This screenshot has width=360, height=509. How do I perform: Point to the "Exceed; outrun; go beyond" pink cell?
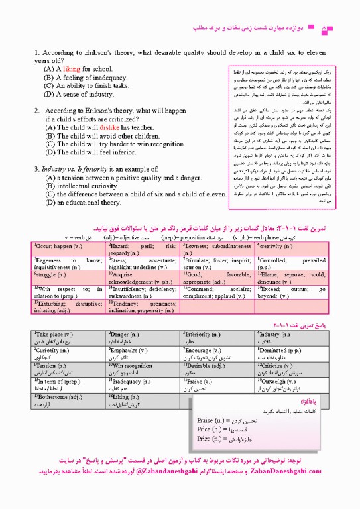coord(291,290)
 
